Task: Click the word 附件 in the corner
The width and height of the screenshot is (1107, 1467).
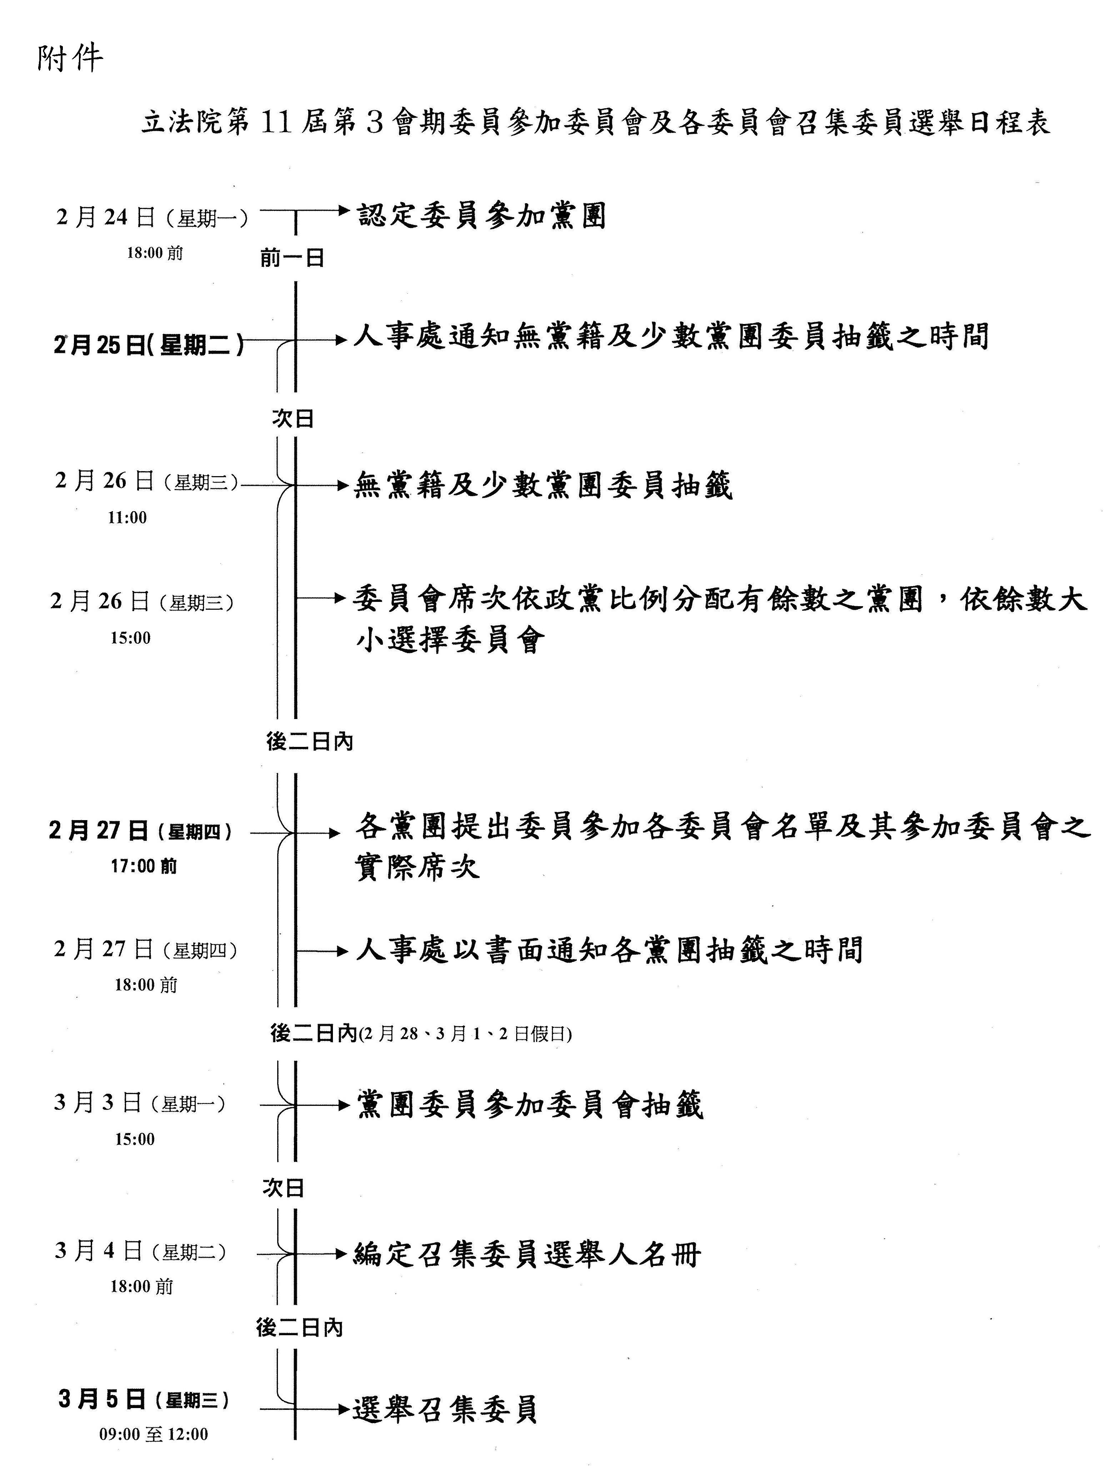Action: click(70, 58)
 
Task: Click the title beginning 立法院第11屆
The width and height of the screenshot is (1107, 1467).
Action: click(595, 123)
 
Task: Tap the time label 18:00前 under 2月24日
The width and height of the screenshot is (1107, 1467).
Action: click(155, 253)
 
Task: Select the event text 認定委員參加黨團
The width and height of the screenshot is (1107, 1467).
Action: click(482, 215)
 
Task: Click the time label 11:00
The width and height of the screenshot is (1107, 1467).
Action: click(128, 517)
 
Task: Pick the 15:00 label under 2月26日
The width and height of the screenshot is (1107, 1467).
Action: click(131, 638)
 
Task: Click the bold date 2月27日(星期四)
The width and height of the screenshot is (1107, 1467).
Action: click(141, 831)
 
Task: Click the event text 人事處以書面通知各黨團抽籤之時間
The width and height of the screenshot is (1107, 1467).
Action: click(609, 950)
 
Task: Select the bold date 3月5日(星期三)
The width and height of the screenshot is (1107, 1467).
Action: click(144, 1399)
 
